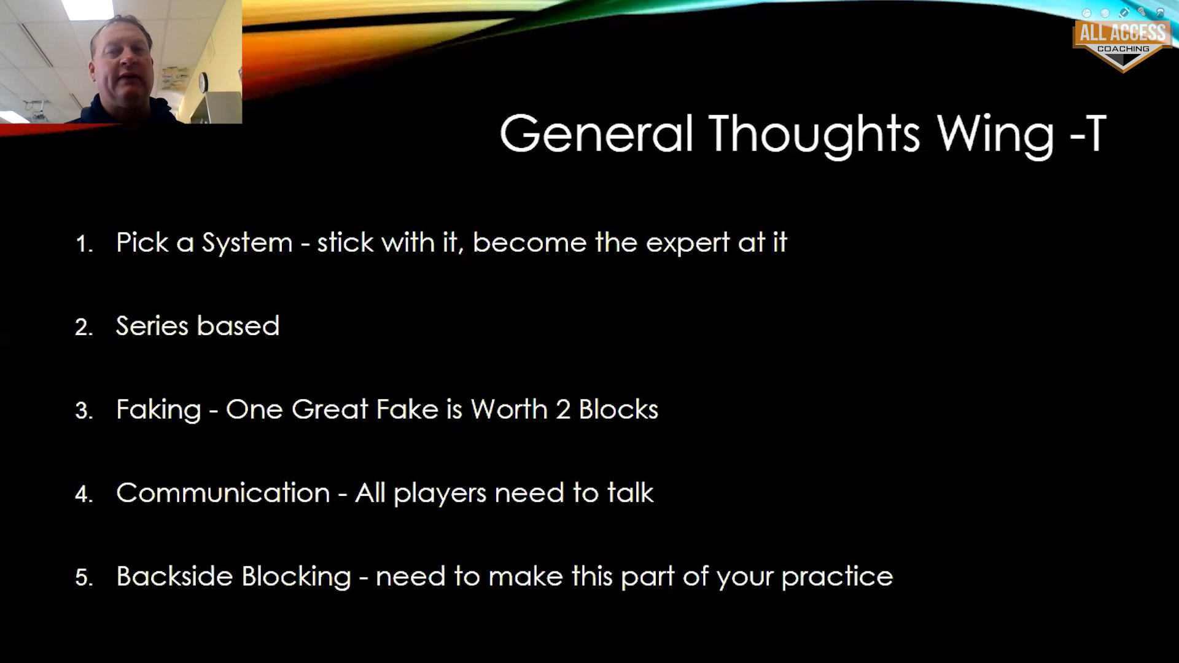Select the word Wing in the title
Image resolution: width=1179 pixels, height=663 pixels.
995,136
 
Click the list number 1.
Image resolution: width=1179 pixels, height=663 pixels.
83,244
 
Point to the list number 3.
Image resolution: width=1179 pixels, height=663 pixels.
84,411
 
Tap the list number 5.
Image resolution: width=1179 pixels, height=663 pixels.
84,578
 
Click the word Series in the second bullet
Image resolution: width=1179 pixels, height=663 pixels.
152,325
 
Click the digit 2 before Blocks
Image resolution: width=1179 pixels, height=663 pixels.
563,409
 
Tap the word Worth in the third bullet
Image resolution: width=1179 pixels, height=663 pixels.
509,409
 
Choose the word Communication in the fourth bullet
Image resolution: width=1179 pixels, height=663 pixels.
223,492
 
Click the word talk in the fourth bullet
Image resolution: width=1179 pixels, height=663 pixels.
631,492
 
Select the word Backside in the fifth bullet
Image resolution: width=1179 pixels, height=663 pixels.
172,576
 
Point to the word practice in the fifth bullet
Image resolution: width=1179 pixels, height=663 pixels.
837,577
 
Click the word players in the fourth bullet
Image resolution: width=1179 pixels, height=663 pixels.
440,494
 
